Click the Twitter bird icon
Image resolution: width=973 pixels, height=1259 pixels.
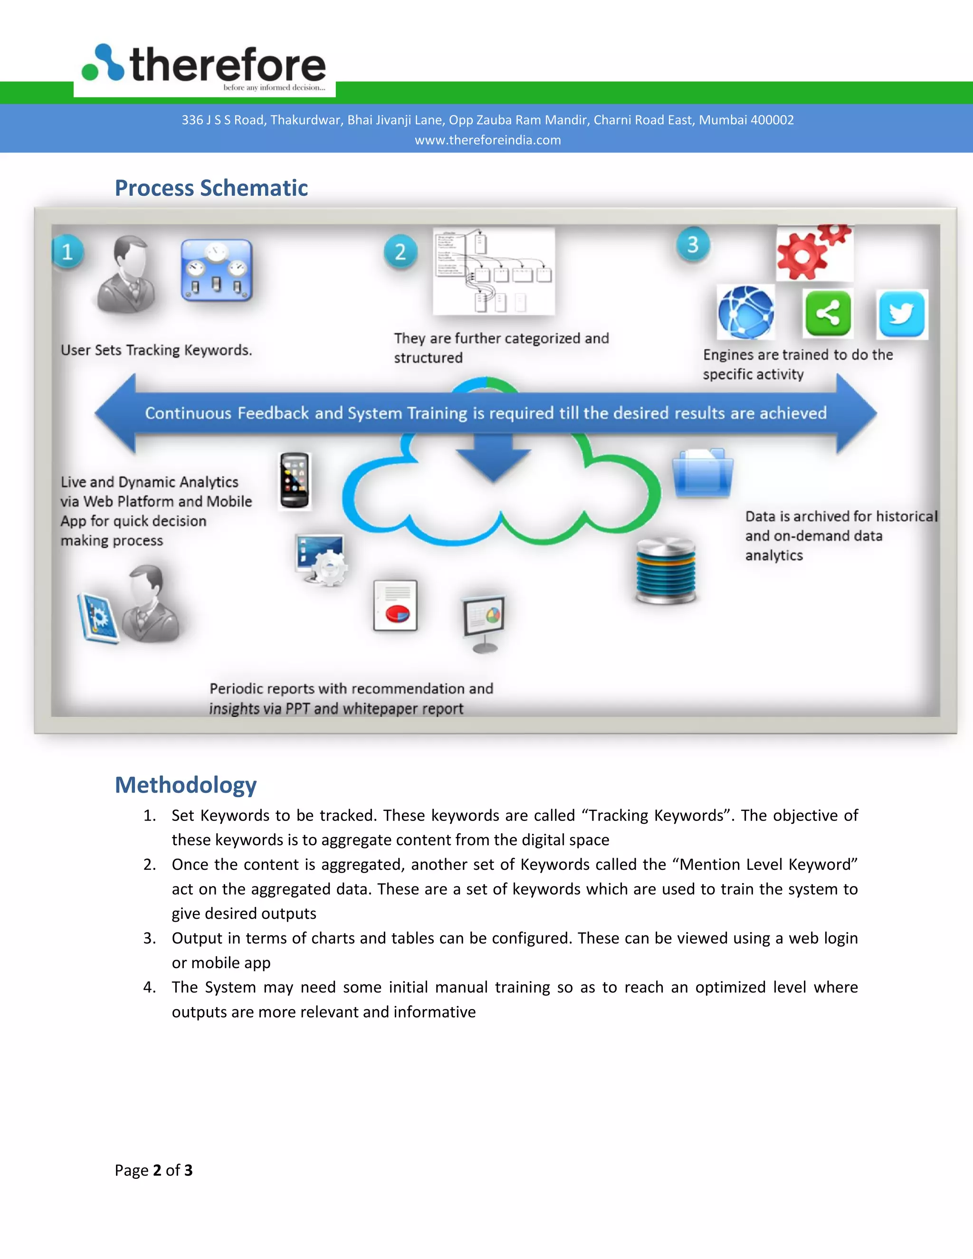tap(902, 314)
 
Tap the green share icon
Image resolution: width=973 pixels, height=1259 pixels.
tap(828, 314)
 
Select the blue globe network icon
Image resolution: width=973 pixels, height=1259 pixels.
tap(746, 313)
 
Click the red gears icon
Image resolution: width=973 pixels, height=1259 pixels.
tap(813, 252)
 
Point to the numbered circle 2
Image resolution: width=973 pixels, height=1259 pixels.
tap(400, 252)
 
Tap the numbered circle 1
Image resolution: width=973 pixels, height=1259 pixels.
tap(68, 252)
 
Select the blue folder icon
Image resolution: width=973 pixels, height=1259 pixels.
tap(703, 473)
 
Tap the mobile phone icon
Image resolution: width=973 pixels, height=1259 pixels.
tap(295, 480)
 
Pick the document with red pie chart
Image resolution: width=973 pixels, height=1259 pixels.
tap(395, 605)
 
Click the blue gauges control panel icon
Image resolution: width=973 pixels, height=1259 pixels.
tap(217, 270)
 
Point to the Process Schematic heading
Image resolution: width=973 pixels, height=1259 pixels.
tap(211, 188)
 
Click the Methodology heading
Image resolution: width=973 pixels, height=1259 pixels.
tap(186, 785)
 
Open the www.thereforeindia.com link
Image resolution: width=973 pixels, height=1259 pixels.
tap(487, 140)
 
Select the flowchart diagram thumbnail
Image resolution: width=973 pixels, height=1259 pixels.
tap(494, 271)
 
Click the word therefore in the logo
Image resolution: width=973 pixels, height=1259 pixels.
tap(228, 65)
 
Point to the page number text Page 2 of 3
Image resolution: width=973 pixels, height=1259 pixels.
tap(153, 1170)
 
